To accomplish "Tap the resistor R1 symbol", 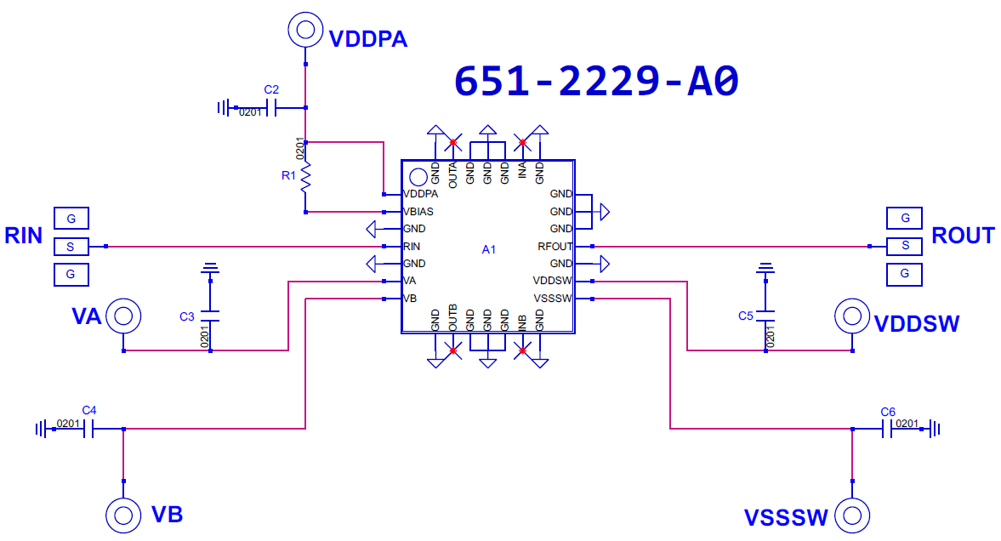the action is click(306, 177).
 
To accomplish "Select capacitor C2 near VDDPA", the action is click(272, 108).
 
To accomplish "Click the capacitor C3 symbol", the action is click(210, 316).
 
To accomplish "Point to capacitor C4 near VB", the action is click(88, 429).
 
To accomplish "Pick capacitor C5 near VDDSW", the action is click(765, 316).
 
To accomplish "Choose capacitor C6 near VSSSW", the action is click(887, 429).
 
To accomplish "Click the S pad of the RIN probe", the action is click(71, 247).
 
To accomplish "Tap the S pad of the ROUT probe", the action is click(905, 246).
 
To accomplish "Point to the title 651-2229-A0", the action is click(596, 81).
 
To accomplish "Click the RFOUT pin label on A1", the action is click(555, 247).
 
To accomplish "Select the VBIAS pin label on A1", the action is click(418, 212).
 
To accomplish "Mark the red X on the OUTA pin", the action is click(452, 142).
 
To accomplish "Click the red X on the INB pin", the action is click(522, 350).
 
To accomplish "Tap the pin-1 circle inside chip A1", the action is click(418, 177).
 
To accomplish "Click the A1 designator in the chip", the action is click(488, 250).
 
